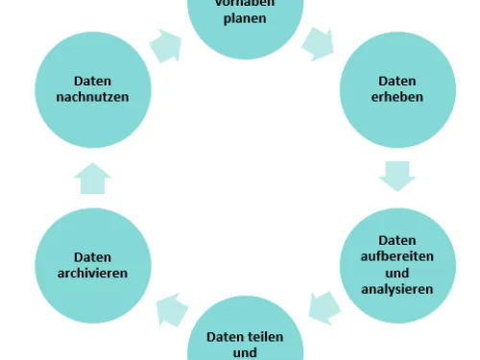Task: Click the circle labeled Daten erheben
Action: pyautogui.click(x=397, y=89)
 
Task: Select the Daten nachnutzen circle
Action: pyautogui.click(x=93, y=89)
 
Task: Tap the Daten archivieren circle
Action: pyautogui.click(x=93, y=266)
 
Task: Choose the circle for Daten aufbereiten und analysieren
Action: pyautogui.click(x=397, y=264)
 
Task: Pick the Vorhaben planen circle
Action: pyautogui.click(x=245, y=19)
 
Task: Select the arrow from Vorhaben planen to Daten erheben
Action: pyautogui.click(x=319, y=42)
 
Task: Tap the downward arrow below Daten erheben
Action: pyautogui.click(x=396, y=175)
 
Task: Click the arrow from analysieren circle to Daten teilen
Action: pyautogui.click(x=325, y=307)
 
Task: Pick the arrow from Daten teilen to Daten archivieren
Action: pyautogui.click(x=171, y=309)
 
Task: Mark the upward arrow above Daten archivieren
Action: pyautogui.click(x=93, y=179)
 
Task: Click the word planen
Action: pyautogui.click(x=245, y=17)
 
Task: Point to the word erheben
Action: pyautogui.click(x=397, y=97)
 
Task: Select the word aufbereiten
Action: pyautogui.click(x=397, y=256)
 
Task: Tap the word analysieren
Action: pyautogui.click(x=397, y=287)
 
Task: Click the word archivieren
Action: pyautogui.click(x=93, y=273)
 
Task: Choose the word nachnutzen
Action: pyautogui.click(x=93, y=97)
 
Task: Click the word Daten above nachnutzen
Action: pyautogui.click(x=93, y=82)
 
